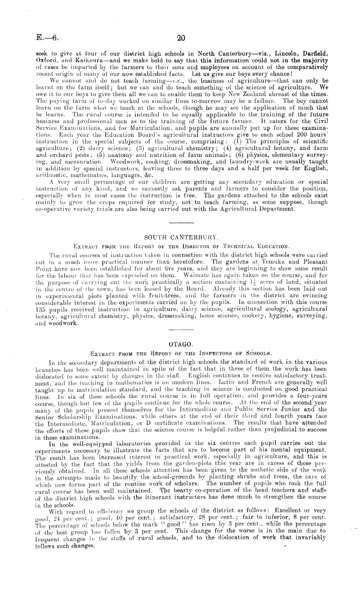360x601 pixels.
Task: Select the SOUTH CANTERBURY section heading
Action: [x=181, y=238]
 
